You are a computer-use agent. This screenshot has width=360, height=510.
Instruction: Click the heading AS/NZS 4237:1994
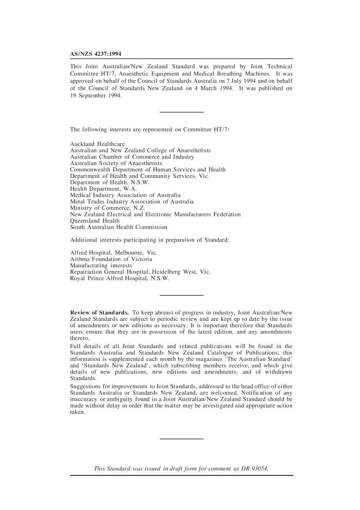point(95,54)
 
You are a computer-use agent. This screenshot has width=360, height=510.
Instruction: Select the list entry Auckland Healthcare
point(97,144)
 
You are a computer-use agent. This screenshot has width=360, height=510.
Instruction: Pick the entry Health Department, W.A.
point(103,189)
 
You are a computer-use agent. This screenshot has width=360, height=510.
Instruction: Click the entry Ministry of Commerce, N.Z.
point(107,208)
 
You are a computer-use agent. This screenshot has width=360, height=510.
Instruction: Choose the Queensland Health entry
point(95,221)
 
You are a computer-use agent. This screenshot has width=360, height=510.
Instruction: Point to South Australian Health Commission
point(119,227)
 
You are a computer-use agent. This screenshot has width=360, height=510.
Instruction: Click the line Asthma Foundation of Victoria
point(111,259)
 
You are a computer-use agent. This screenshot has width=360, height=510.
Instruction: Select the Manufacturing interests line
point(101,265)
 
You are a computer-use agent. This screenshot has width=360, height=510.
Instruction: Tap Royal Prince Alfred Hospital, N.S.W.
point(120,278)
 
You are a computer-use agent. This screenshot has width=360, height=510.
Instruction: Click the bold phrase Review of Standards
point(99,313)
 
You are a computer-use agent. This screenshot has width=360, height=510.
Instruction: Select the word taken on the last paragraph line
point(78,412)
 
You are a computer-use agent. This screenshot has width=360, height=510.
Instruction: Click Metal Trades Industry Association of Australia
point(132,202)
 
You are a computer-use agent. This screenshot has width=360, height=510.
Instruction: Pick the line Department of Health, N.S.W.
point(110,182)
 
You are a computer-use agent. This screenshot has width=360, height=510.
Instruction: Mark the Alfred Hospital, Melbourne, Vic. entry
point(114,253)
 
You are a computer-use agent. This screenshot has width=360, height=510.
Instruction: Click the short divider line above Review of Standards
point(182,295)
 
